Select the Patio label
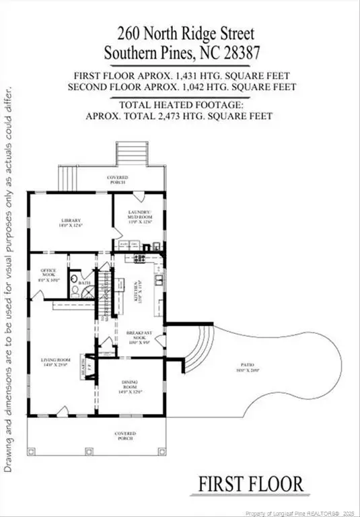tap(254, 368)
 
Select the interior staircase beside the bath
tap(106, 296)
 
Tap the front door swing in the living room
tap(62, 410)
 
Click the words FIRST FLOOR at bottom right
tap(250, 483)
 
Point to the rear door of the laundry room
tap(138, 197)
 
